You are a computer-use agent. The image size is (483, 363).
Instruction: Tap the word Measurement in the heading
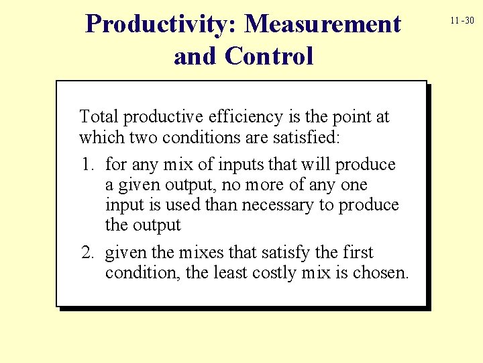point(323,25)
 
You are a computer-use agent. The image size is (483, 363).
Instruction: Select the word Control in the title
point(270,56)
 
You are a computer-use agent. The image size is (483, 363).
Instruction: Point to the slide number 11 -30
point(462,21)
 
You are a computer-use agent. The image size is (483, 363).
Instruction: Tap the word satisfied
point(308,138)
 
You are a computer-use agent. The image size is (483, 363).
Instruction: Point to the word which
point(99,138)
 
